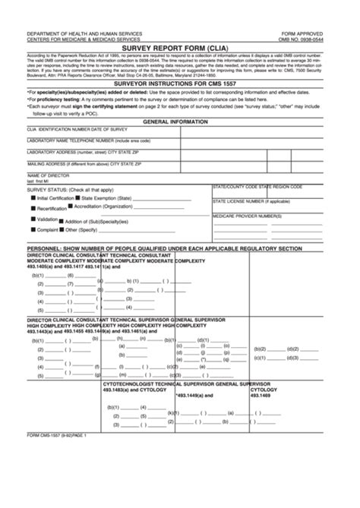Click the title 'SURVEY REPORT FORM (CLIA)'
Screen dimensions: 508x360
coord(179,46)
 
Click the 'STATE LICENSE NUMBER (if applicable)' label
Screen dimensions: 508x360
coord(251,201)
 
